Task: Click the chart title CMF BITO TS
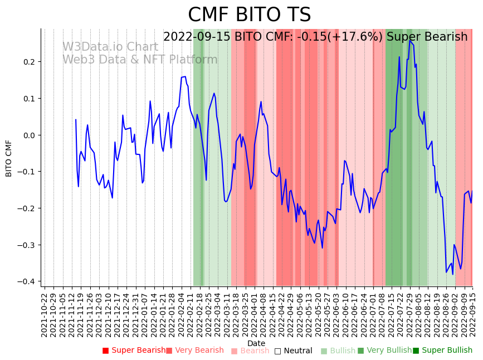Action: tap(249, 15)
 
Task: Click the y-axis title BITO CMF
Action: tap(9, 158)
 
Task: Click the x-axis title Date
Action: tap(256, 343)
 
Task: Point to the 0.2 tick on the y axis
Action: tap(28, 62)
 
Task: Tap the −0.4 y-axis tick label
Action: tap(26, 281)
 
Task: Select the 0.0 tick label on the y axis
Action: tap(28, 135)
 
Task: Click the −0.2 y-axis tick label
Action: tap(26, 208)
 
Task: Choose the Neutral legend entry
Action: tap(293, 351)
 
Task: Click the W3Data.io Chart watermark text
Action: tap(110, 47)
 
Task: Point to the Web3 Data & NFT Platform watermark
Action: tap(140, 60)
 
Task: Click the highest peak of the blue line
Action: tap(410, 40)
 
